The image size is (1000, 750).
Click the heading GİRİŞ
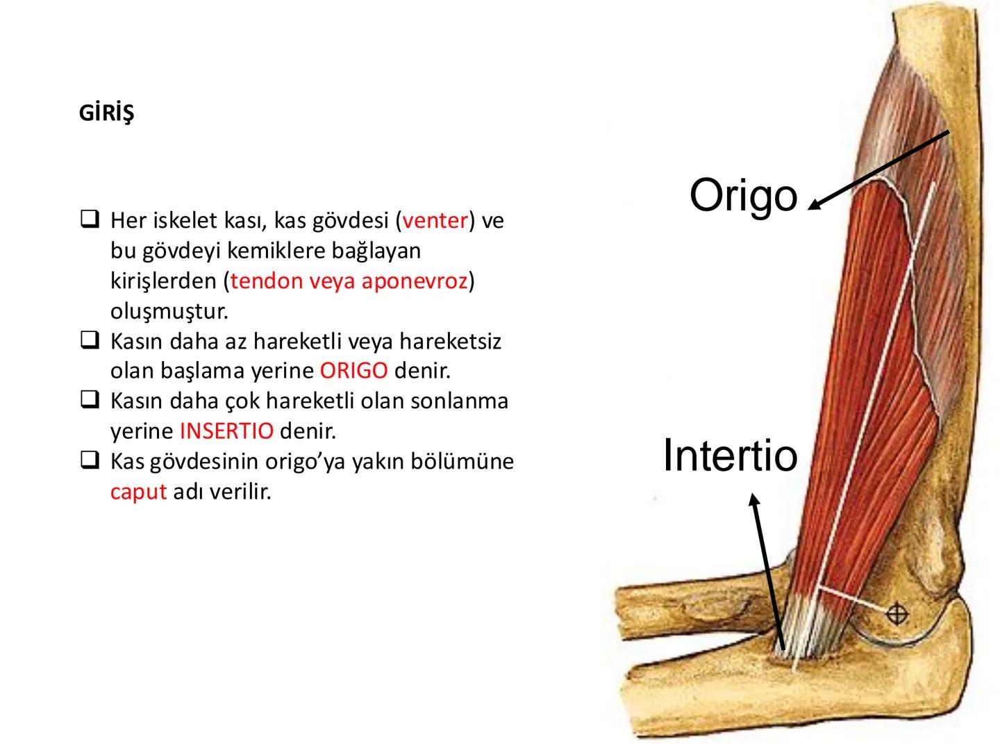[106, 112]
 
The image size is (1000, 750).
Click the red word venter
[435, 221]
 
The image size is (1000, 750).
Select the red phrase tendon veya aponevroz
[349, 281]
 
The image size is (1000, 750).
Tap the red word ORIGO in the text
[353, 371]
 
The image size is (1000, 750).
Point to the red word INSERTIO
[226, 431]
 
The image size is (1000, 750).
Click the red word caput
[138, 492]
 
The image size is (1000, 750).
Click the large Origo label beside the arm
[743, 196]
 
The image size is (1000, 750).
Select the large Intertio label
[730, 456]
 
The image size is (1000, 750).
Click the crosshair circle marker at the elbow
[897, 614]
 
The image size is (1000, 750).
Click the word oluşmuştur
[169, 311]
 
